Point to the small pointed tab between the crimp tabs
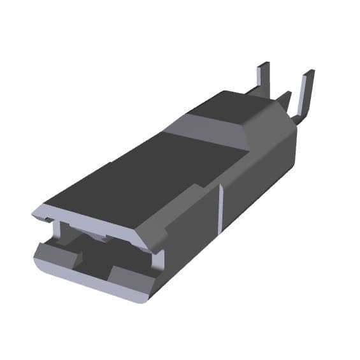[x=285, y=99]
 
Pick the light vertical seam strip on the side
[x=220, y=207]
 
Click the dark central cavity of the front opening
[x=96, y=255]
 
